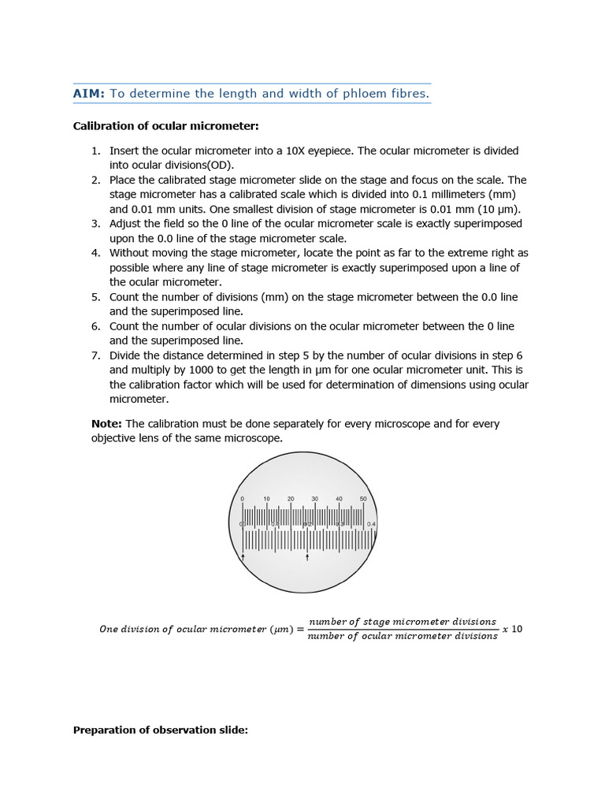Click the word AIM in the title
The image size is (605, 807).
[x=88, y=94]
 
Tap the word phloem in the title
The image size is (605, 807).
[x=360, y=94]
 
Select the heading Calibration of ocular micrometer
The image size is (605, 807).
[x=165, y=126]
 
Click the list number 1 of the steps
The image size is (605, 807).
[x=95, y=151]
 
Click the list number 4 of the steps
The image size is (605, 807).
[x=95, y=253]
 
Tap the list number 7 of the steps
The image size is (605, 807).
[x=95, y=355]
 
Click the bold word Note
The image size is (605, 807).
[x=106, y=424]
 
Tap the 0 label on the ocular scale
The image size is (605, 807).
[x=243, y=500]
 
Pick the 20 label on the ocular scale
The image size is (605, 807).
[x=291, y=500]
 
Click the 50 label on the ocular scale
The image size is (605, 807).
[x=363, y=500]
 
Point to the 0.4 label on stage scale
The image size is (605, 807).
[x=371, y=524]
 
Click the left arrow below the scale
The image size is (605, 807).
[x=243, y=557]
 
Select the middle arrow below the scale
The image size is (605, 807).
[x=307, y=557]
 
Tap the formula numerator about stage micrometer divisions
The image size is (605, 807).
[x=403, y=621]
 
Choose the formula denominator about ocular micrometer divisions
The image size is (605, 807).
[x=403, y=637]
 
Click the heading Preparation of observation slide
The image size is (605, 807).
[x=160, y=731]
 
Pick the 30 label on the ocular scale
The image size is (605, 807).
[x=314, y=500]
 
